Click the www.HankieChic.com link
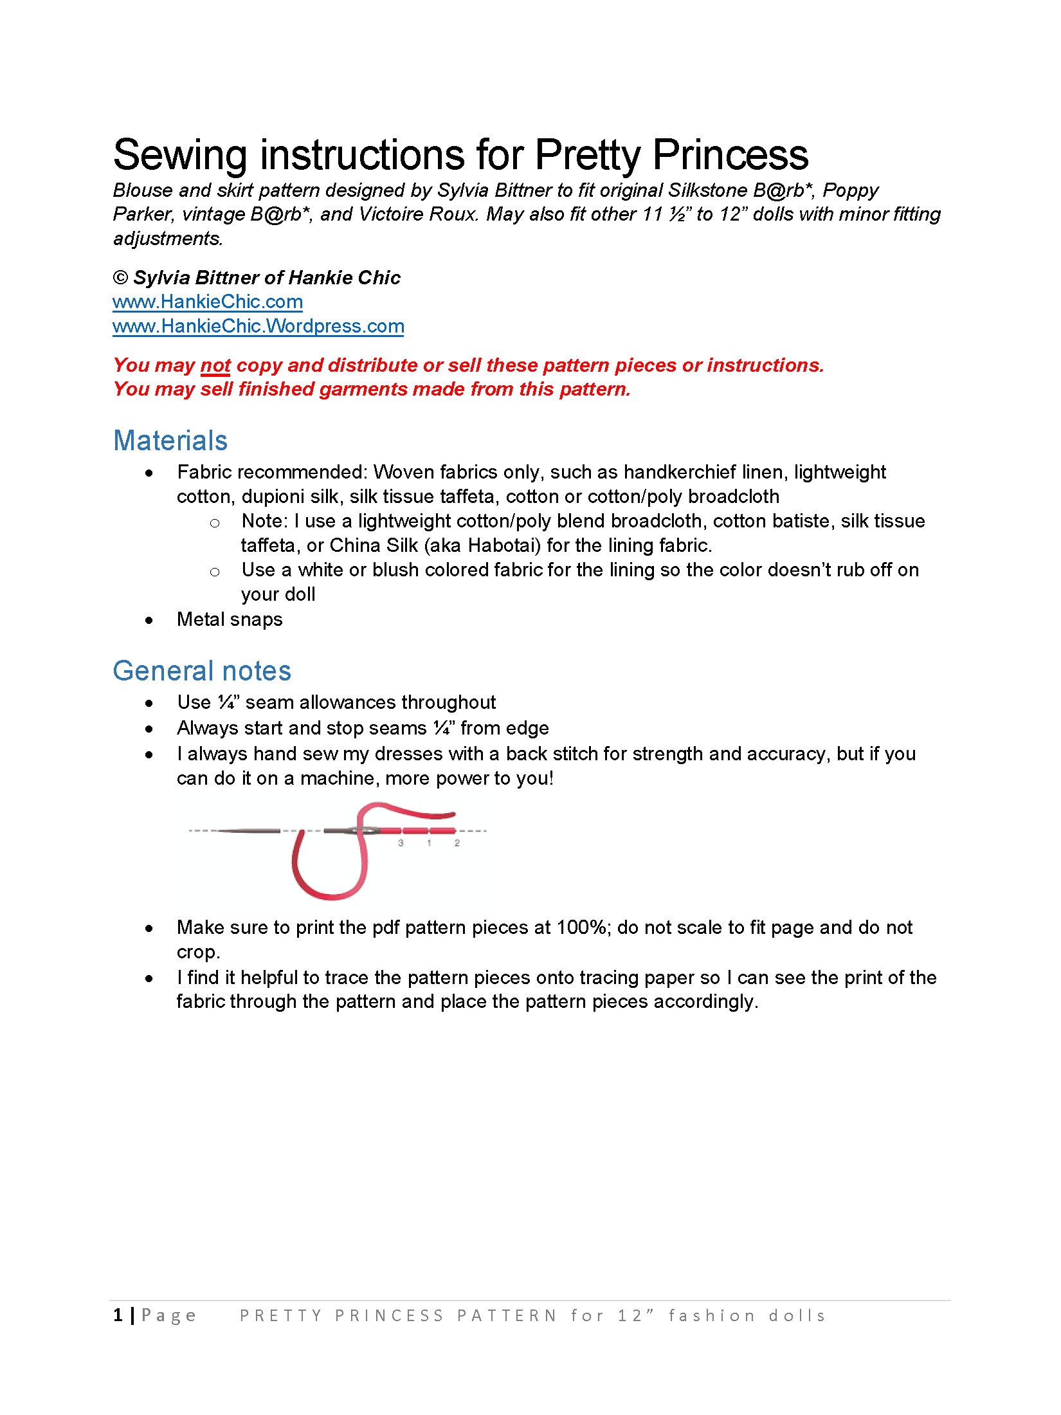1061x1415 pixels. [207, 302]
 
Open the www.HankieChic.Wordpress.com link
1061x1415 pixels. [258, 326]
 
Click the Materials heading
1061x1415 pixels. [170, 441]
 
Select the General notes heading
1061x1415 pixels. [202, 671]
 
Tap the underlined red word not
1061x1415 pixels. [215, 365]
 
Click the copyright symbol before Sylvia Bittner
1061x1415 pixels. [120, 278]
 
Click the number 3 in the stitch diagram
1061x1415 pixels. [401, 843]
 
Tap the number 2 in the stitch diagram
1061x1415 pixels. [457, 843]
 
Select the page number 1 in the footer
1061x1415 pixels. [118, 1315]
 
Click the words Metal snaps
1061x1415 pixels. [230, 619]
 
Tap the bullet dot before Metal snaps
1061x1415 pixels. [149, 621]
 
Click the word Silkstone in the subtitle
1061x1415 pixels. [707, 190]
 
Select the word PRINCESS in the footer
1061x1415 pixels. [389, 1316]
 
